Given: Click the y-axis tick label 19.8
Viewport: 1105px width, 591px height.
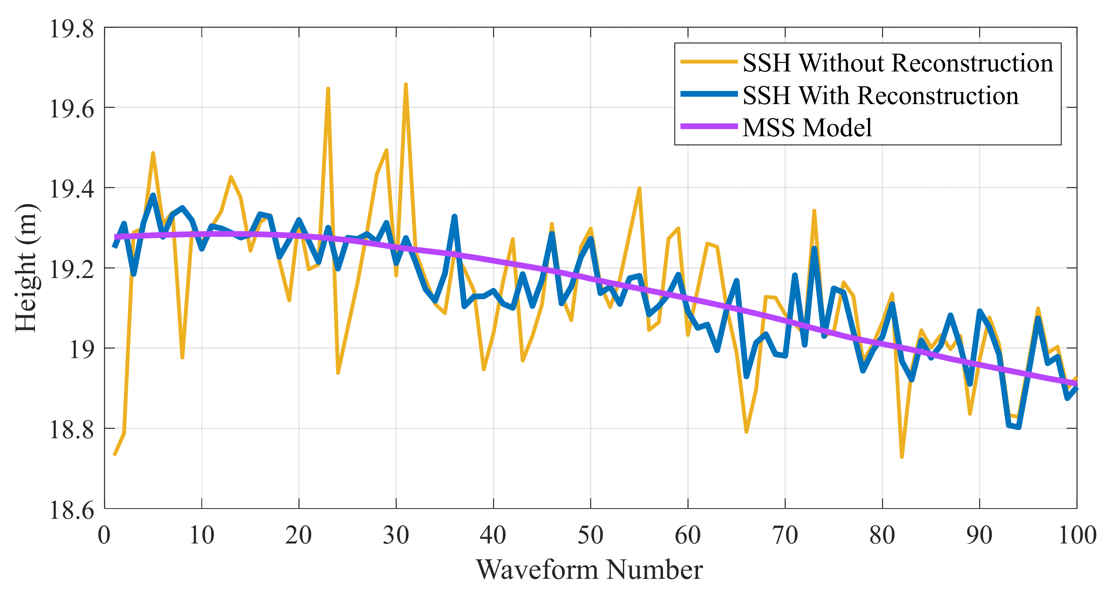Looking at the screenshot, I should click(71, 29).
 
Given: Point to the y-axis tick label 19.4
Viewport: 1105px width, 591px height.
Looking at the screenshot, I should click(71, 189).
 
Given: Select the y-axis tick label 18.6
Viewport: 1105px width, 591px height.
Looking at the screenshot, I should click(71, 510).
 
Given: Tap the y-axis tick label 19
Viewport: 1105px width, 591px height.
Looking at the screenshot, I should click(82, 350).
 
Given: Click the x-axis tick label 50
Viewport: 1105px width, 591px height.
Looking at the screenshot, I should click(590, 535).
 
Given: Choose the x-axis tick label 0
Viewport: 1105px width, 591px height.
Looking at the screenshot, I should click(104, 535).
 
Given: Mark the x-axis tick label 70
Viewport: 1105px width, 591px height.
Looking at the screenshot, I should click(785, 535).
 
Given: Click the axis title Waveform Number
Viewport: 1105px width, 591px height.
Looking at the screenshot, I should click(589, 569).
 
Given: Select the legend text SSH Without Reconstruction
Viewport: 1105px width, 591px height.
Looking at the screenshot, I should click(897, 63).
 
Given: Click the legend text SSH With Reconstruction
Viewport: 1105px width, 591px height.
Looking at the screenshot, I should click(880, 95).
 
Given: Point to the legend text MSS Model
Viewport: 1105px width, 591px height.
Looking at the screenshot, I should click(807, 128).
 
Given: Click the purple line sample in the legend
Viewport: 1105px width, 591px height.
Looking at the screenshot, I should click(709, 126).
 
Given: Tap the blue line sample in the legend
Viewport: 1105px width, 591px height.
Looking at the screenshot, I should click(709, 94).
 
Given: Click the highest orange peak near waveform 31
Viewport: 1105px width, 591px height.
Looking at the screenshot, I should click(405, 84).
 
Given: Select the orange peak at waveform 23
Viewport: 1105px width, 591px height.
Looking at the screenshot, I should click(328, 89).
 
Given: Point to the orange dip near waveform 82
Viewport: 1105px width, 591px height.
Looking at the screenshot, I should click(902, 457).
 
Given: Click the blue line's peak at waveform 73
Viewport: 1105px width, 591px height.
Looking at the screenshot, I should click(814, 248).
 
